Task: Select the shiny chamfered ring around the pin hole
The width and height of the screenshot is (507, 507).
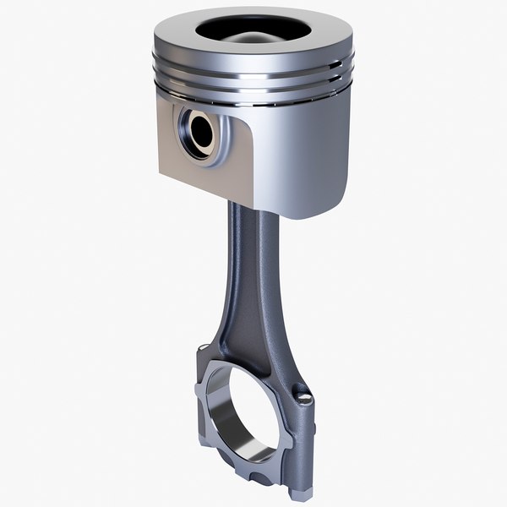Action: pos(188,135)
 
